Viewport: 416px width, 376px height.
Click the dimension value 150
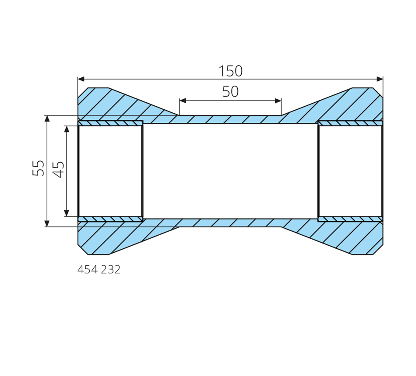[230, 71]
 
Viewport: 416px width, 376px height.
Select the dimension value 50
[230, 91]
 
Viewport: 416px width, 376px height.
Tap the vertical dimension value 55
[39, 168]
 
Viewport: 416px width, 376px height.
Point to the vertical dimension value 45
[58, 170]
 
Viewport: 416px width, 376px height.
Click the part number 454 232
[99, 269]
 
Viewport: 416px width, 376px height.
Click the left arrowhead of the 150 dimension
[81, 79]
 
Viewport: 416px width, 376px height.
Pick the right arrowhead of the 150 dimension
[380, 79]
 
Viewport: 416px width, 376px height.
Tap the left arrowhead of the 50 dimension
[183, 101]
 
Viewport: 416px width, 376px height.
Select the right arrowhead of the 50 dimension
[278, 101]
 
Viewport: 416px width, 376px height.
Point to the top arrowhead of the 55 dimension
[47, 119]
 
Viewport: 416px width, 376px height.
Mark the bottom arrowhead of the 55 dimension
[47, 223]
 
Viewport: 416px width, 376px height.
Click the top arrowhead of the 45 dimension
[67, 129]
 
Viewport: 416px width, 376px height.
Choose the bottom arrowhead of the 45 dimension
[67, 213]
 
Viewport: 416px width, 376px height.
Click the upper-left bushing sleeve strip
[110, 123]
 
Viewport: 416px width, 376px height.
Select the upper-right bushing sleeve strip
[350, 123]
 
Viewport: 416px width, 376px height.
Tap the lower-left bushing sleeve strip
[110, 219]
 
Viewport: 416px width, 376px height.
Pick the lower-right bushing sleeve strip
[350, 219]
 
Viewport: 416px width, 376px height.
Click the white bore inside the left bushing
[110, 171]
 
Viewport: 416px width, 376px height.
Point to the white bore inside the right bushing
[350, 171]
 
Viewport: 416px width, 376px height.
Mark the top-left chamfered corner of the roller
[83, 93]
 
